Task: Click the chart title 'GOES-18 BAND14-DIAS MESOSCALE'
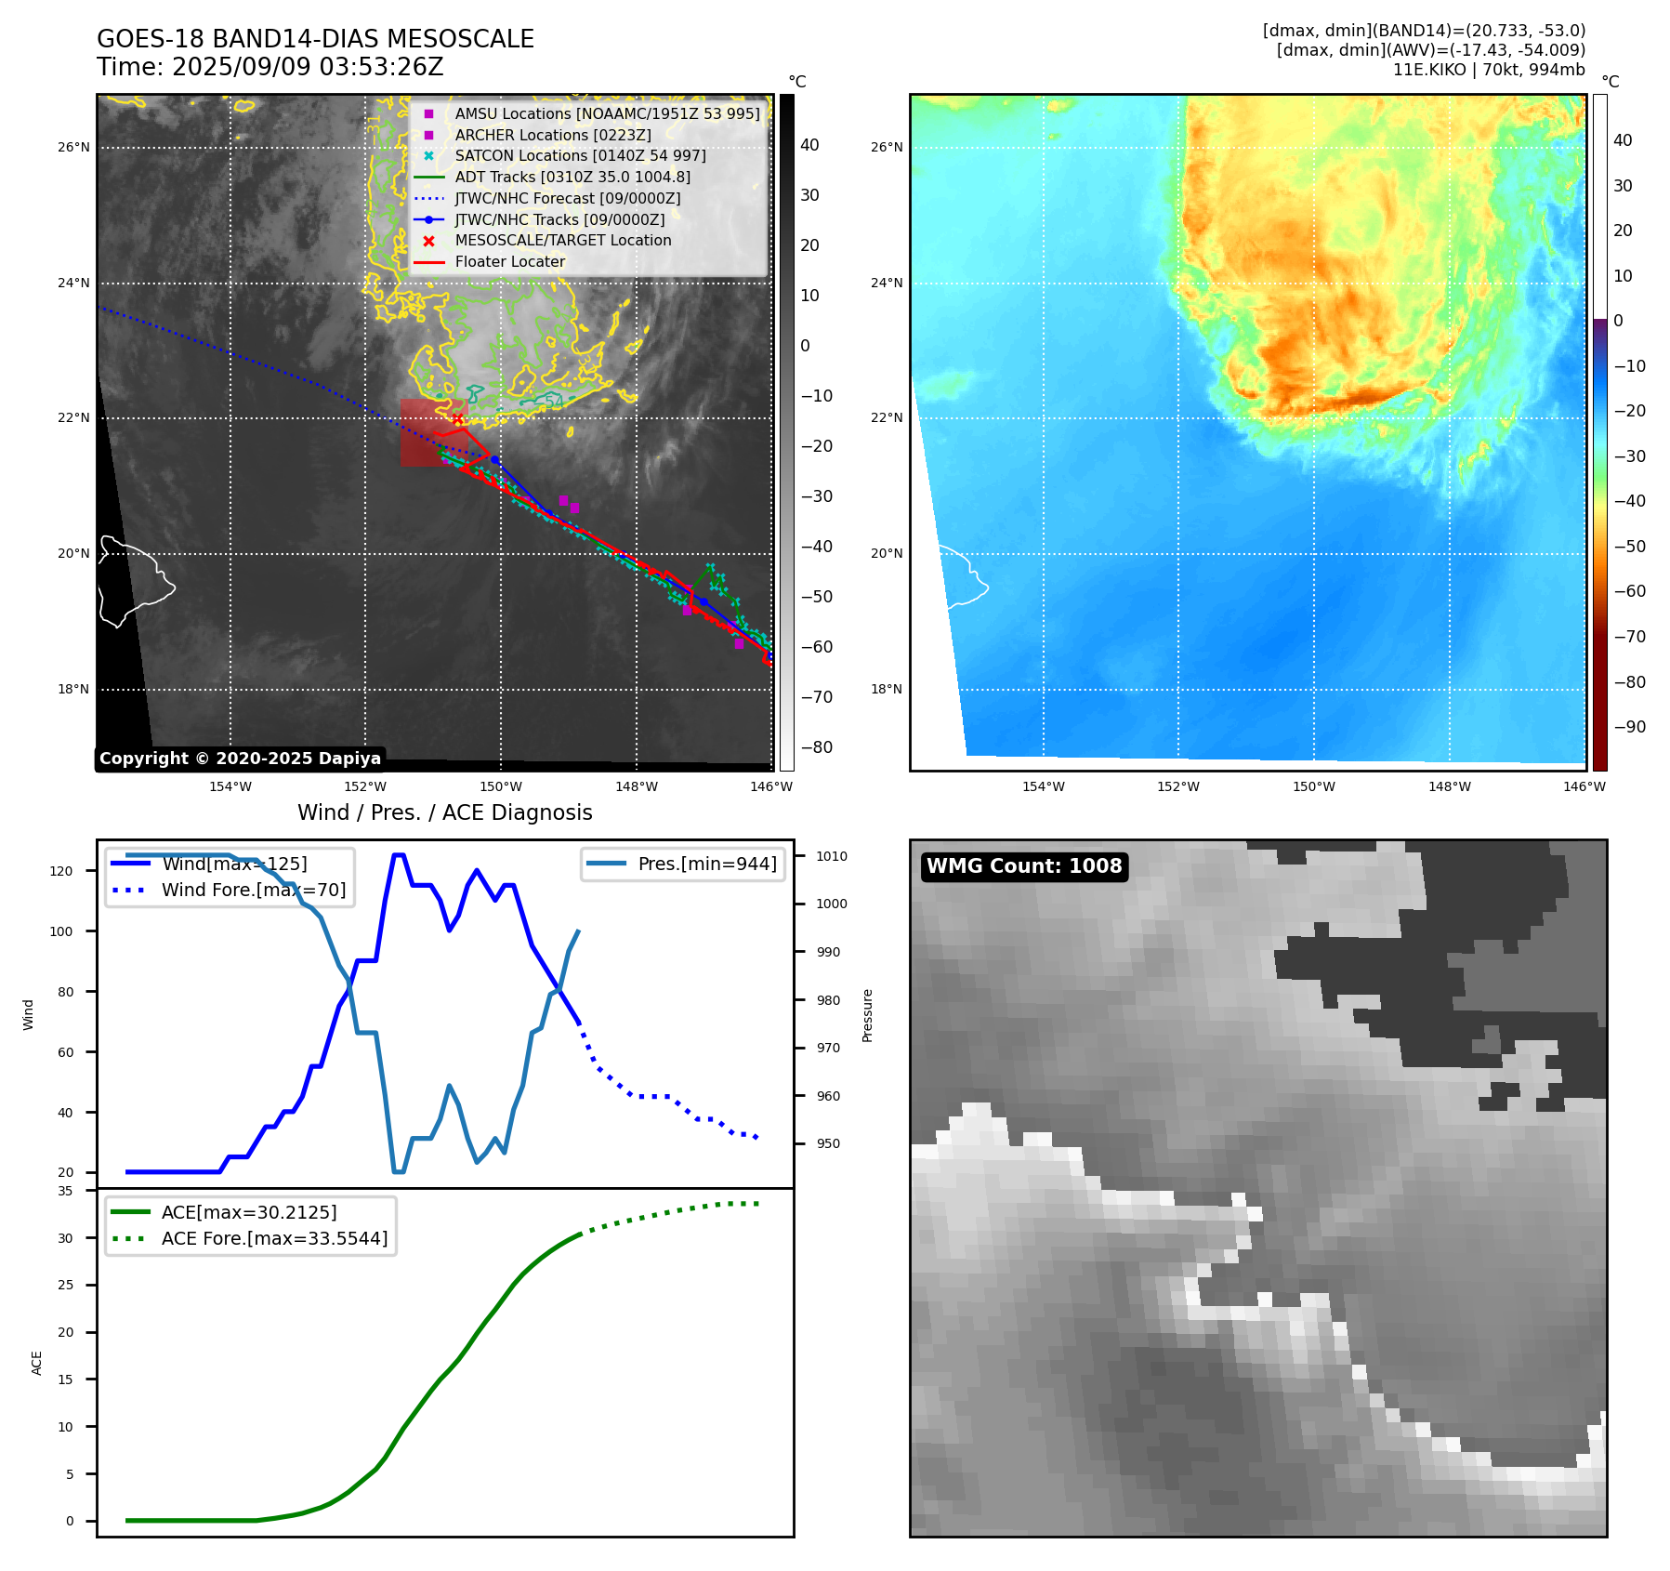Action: [x=315, y=39]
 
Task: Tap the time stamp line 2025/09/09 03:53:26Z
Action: [x=270, y=67]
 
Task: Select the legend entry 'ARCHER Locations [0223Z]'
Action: [x=552, y=135]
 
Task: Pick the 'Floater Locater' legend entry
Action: [x=509, y=261]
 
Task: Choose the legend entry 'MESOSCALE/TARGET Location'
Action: [x=562, y=240]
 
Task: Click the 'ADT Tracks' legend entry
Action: [x=572, y=177]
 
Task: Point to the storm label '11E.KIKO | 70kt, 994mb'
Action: [x=1488, y=70]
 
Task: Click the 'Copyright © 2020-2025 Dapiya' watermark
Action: [x=240, y=759]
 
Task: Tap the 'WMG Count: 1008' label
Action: [x=1024, y=866]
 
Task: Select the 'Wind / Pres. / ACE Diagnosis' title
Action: [x=444, y=812]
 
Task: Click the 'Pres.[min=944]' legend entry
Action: [x=706, y=864]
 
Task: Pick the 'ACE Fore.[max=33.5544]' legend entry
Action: [x=274, y=1238]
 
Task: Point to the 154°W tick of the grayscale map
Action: [x=230, y=787]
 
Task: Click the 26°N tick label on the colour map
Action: [x=887, y=147]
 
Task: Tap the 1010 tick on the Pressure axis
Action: [x=832, y=856]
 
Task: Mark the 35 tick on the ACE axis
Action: [x=65, y=1191]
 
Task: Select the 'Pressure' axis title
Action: [x=867, y=1015]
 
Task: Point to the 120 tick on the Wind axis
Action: [x=60, y=871]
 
